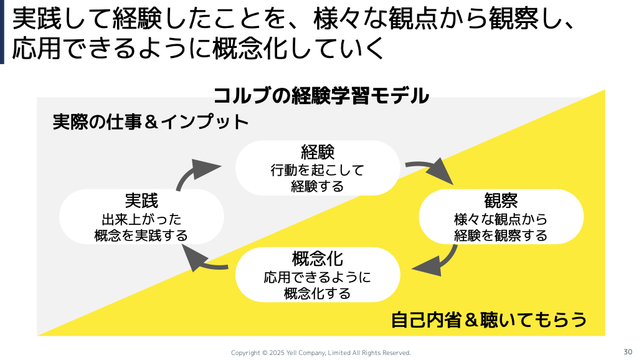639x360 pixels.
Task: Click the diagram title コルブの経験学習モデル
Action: point(321,96)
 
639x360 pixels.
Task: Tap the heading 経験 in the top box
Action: point(318,152)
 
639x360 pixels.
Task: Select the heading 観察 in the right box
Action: point(501,201)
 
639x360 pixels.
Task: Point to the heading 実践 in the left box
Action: point(141,201)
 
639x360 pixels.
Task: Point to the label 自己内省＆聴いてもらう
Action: point(488,320)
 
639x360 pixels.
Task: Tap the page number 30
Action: point(627,351)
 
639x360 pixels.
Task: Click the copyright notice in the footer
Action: point(321,353)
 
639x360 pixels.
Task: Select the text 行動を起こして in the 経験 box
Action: point(317,170)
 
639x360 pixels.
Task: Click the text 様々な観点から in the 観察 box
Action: point(501,219)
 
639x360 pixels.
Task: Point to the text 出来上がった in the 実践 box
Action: point(141,219)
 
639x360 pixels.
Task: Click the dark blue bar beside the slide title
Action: point(2,32)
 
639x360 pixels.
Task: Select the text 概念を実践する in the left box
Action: point(141,235)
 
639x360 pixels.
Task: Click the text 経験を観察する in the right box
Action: point(501,235)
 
